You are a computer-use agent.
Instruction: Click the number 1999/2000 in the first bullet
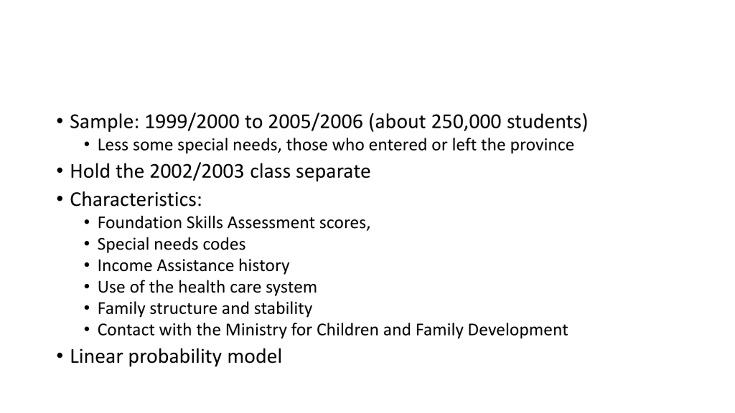point(192,122)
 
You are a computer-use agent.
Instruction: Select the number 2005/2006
point(315,122)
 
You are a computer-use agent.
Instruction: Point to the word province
point(542,145)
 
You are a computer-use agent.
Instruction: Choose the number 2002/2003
point(197,172)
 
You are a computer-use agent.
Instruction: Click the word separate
point(333,172)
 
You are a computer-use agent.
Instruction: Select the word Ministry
point(256,330)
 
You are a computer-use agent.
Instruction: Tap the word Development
point(518,330)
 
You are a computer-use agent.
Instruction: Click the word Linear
point(96,356)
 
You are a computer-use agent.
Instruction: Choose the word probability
point(175,356)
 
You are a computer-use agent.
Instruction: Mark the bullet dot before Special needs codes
point(87,244)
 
